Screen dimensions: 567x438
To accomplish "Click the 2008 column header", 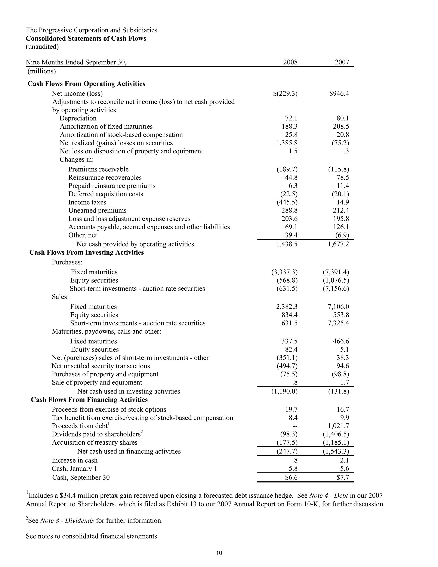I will pyautogui.click(x=290, y=62).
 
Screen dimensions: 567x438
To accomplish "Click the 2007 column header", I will pyautogui.click(x=342, y=62).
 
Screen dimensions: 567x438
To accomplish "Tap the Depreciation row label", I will pyautogui.click(x=78, y=118).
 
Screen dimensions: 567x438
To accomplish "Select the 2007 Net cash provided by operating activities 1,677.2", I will pyautogui.click(x=338, y=244).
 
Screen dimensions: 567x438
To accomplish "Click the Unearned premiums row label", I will pyautogui.click(x=97, y=211).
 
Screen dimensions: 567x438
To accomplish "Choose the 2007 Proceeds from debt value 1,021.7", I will pyautogui.click(x=338, y=426).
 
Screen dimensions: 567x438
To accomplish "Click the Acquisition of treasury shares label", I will pyautogui.click(x=95, y=442).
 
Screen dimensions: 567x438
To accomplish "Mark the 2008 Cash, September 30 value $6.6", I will pyautogui.click(x=291, y=477).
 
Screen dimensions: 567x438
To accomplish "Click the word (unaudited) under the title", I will pyautogui.click(x=42, y=47).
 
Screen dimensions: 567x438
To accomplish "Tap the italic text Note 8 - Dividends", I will pyautogui.click(x=67, y=521).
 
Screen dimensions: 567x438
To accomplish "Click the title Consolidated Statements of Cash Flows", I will pyautogui.click(x=86, y=39).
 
